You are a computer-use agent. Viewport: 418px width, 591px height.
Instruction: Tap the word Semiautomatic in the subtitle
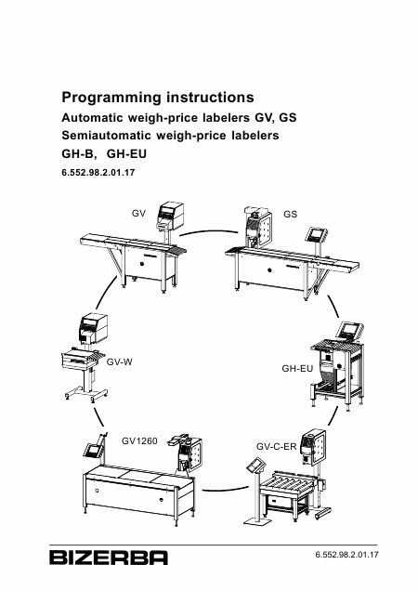tap(106, 135)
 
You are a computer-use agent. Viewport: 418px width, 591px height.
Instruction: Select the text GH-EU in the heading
tap(126, 153)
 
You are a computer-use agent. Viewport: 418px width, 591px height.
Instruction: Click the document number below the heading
tap(98, 173)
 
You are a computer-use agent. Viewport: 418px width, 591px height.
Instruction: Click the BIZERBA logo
tap(109, 558)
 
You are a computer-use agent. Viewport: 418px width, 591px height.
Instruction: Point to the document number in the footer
tap(346, 555)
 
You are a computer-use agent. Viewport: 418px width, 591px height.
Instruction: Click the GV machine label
tap(138, 214)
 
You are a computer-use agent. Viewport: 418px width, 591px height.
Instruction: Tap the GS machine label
tap(290, 214)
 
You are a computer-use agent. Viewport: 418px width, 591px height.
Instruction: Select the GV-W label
tap(120, 361)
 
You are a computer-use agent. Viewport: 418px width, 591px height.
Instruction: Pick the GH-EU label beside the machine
tap(297, 368)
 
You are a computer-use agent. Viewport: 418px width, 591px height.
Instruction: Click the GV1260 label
tap(139, 440)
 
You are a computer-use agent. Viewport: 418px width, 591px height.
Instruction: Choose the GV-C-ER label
tap(276, 447)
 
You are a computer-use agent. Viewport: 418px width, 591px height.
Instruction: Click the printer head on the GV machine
tap(170, 216)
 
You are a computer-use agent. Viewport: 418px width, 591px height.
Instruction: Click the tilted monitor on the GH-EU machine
tap(350, 330)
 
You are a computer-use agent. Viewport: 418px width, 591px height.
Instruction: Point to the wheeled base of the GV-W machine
tap(86, 394)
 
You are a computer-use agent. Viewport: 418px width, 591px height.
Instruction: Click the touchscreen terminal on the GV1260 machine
tap(93, 450)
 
